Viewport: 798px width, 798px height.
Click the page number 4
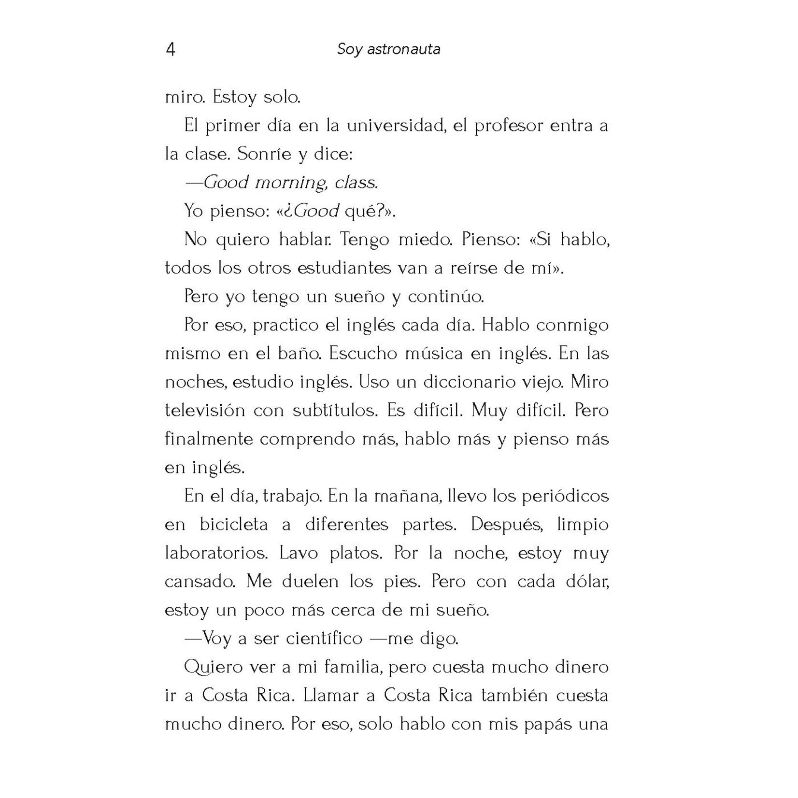[170, 49]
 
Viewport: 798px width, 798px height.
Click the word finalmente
[209, 439]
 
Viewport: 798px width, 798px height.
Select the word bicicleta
[234, 525]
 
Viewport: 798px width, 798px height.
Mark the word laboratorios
[216, 553]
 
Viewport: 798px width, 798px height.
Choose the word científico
[324, 639]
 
